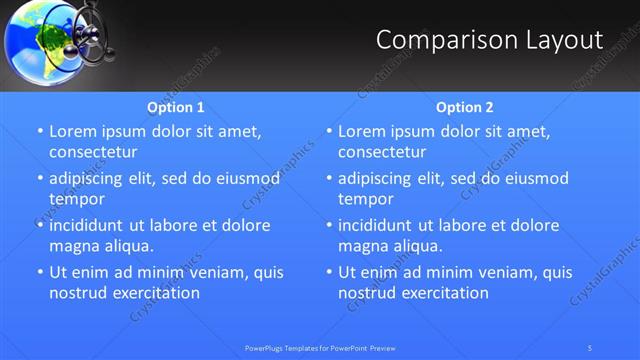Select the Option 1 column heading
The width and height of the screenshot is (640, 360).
pyautogui.click(x=176, y=107)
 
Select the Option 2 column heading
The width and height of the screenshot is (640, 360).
pyautogui.click(x=465, y=107)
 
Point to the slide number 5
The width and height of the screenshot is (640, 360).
pyautogui.click(x=590, y=348)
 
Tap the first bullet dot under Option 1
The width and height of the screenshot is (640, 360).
pyautogui.click(x=40, y=132)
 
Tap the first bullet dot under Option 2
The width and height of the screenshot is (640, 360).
pyautogui.click(x=329, y=132)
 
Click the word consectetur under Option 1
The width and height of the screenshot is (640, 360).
pyautogui.click(x=93, y=152)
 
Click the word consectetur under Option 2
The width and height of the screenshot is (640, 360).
pyautogui.click(x=382, y=152)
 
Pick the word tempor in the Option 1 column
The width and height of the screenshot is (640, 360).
pyautogui.click(x=76, y=199)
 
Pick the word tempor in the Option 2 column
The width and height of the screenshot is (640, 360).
pyautogui.click(x=365, y=199)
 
